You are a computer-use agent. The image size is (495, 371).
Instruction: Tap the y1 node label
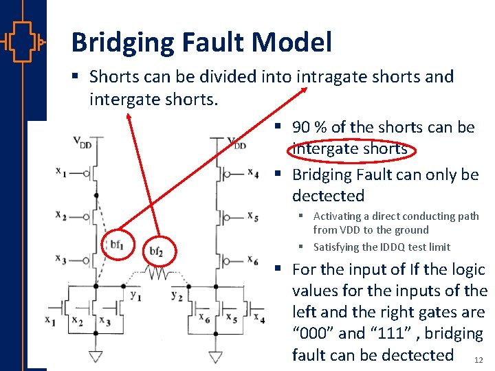tap(136, 296)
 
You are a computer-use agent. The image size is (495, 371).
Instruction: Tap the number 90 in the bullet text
tap(303, 128)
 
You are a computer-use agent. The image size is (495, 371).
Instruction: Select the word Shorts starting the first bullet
tap(115, 76)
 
